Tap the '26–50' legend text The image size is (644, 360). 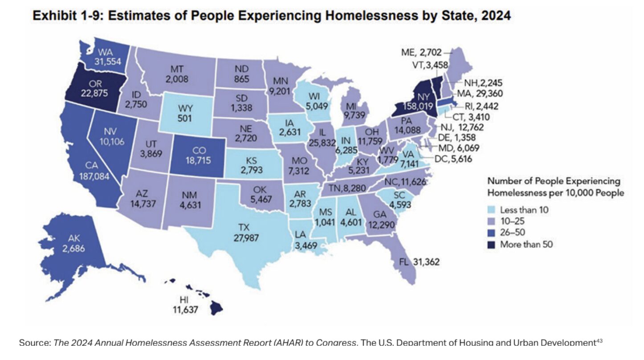coord(512,233)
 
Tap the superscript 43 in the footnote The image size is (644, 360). coord(599,340)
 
